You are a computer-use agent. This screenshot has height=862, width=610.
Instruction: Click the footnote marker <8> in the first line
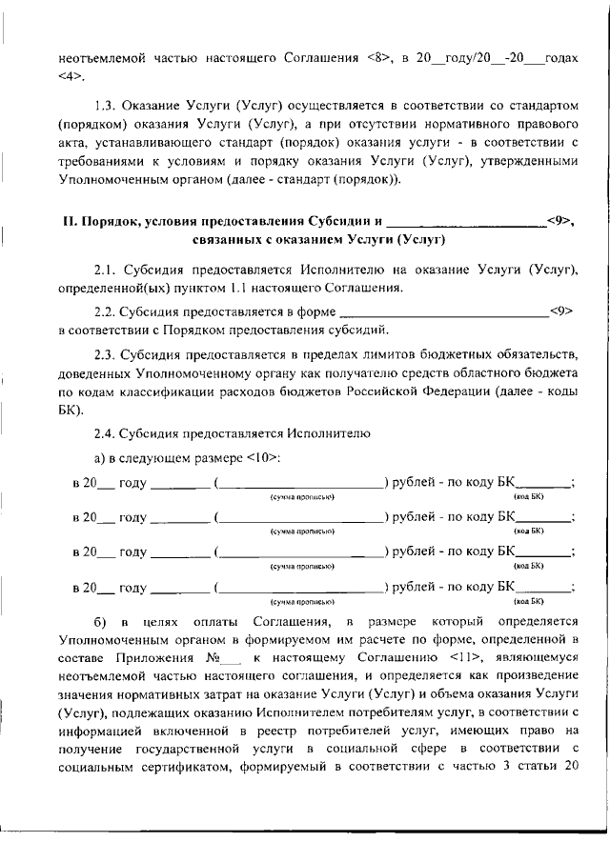(x=378, y=58)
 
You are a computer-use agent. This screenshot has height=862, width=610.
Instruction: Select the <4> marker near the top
(x=69, y=77)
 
